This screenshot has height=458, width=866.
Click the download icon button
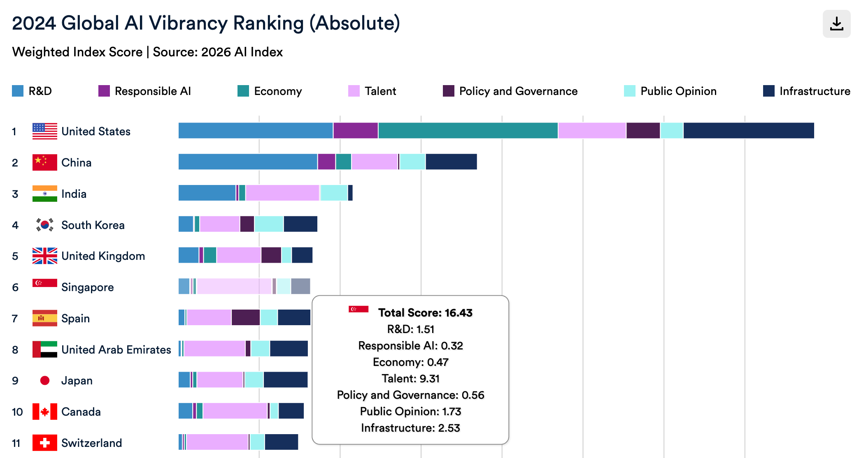[836, 24]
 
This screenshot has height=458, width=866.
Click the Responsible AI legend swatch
[104, 91]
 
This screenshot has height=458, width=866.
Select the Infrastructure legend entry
[806, 91]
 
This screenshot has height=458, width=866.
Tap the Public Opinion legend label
[678, 91]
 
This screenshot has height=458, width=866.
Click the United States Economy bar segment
[468, 131]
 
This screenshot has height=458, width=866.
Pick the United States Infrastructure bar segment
[749, 131]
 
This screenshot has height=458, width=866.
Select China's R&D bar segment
[248, 162]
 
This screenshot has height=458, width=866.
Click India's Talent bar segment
[282, 193]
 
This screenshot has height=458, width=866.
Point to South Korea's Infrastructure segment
[300, 224]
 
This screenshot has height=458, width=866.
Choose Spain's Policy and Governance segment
[246, 317]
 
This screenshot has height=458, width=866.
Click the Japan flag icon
[45, 381]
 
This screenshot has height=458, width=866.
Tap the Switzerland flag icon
[45, 443]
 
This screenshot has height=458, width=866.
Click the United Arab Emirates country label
[116, 349]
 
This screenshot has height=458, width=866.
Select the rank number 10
[17, 412]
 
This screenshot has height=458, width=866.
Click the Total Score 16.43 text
[425, 313]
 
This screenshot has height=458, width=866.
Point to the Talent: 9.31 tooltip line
[410, 379]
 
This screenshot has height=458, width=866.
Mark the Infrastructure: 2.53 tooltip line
[410, 428]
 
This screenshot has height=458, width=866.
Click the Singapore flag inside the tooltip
[359, 309]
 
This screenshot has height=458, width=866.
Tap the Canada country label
[81, 412]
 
